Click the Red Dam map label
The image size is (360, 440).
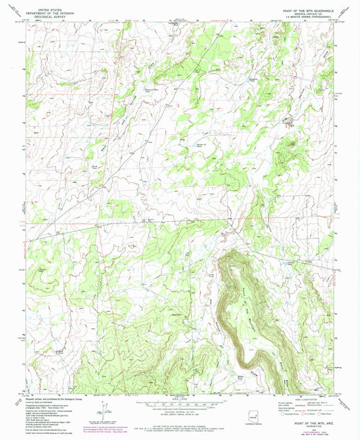(177, 314)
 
